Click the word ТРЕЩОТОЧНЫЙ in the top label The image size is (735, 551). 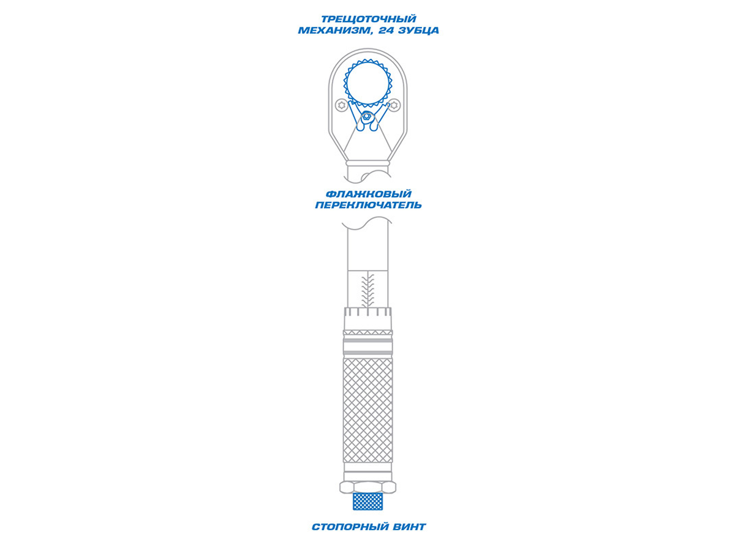click(x=369, y=19)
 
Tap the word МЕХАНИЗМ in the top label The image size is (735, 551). click(x=336, y=31)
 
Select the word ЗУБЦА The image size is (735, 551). click(x=419, y=31)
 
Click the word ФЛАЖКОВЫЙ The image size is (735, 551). click(x=368, y=194)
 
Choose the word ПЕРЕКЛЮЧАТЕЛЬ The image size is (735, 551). click(x=368, y=205)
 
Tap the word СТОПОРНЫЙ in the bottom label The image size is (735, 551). click(x=347, y=527)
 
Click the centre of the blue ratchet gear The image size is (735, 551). click(x=367, y=83)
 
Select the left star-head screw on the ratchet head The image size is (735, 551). click(x=341, y=105)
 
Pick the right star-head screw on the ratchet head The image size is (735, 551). click(x=394, y=105)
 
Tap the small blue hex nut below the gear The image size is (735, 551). click(x=366, y=116)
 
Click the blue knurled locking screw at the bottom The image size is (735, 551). click(x=367, y=501)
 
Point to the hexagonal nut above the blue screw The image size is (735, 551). click(x=367, y=487)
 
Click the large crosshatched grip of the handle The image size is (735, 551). click(x=367, y=410)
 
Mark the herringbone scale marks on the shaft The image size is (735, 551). click(x=367, y=290)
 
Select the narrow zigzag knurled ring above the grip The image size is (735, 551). click(x=367, y=332)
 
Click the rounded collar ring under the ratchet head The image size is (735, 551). click(x=367, y=163)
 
